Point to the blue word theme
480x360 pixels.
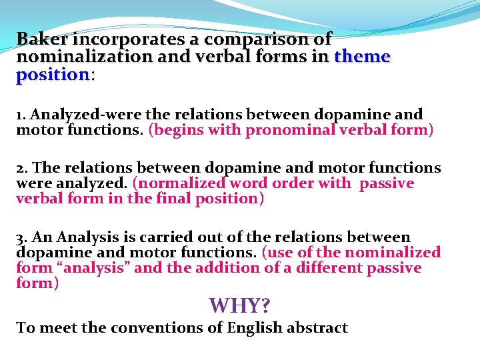(362, 57)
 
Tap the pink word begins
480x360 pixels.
(175, 130)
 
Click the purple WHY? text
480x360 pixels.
(240, 305)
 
